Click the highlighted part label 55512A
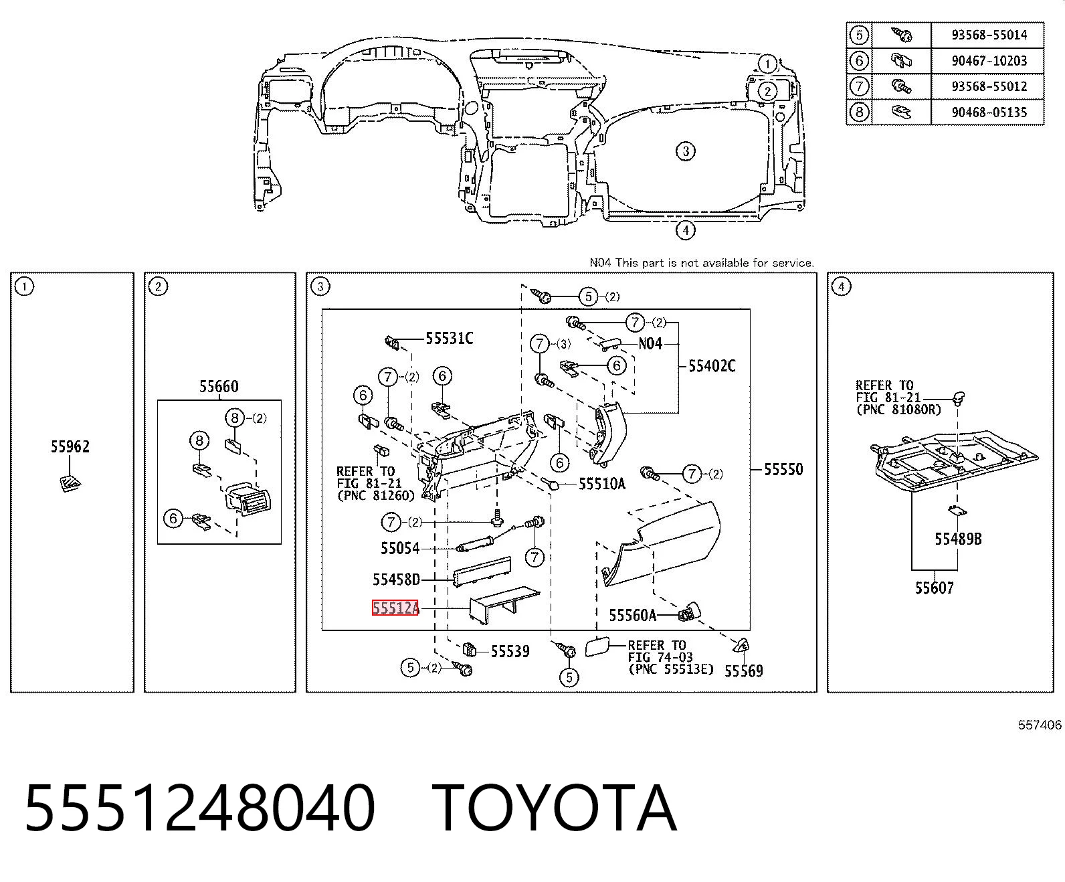[395, 608]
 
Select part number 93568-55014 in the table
[989, 35]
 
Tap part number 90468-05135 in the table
[989, 112]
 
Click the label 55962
[70, 446]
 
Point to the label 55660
[219, 386]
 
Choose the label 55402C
[712, 366]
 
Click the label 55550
[783, 469]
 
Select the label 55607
[934, 588]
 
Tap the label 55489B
[958, 539]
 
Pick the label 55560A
[632, 616]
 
